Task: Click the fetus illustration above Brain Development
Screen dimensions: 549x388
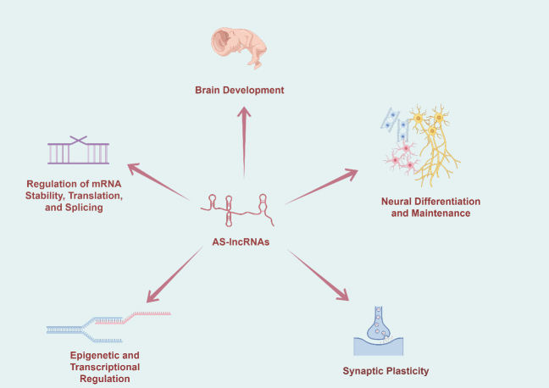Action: click(239, 48)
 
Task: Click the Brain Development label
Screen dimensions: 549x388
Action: click(240, 90)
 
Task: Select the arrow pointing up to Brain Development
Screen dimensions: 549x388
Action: click(244, 142)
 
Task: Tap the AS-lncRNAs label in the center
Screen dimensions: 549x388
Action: click(241, 242)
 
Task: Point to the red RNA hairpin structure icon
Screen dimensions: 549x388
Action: click(237, 210)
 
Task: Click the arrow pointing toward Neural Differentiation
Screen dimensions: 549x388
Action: click(321, 186)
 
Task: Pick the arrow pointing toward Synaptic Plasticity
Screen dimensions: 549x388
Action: click(319, 274)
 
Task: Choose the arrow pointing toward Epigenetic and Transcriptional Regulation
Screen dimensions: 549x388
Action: click(175, 274)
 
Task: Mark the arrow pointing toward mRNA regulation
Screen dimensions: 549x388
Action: click(158, 182)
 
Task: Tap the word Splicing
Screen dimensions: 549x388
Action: click(84, 208)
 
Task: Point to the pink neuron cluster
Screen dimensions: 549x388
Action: click(402, 158)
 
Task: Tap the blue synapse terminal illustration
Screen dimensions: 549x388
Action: click(379, 331)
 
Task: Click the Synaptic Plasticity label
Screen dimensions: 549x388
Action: click(385, 371)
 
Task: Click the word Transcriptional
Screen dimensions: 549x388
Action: click(105, 367)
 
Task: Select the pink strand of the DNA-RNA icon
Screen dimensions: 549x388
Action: click(134, 317)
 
